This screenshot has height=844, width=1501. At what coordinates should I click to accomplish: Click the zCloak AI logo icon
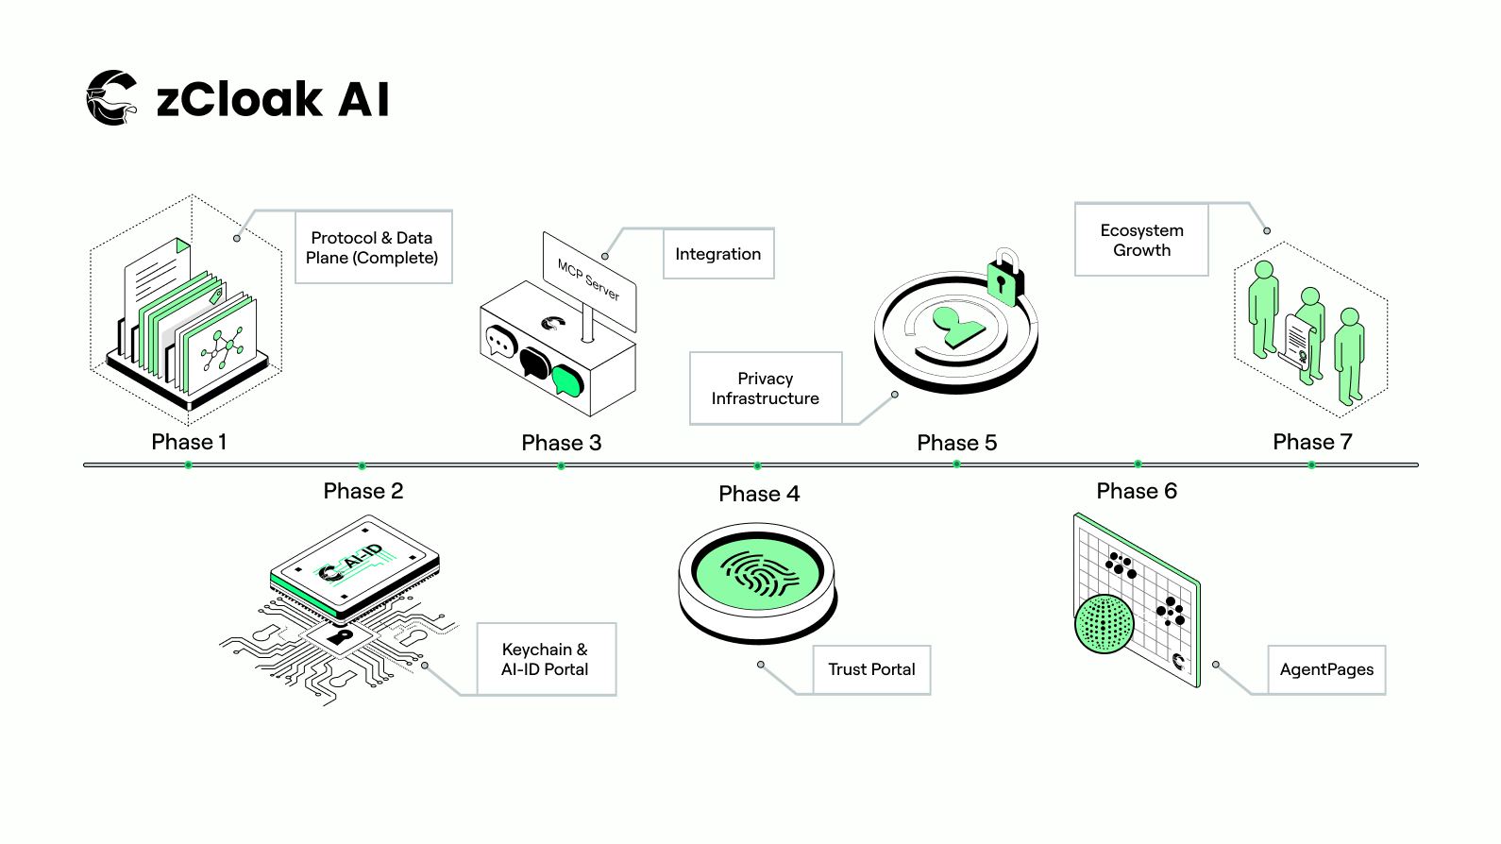(x=111, y=97)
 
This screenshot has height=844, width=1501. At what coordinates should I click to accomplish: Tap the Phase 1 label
(x=189, y=442)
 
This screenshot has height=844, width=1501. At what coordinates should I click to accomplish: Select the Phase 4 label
(x=759, y=494)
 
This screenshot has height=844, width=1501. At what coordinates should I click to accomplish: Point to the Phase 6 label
(x=1137, y=491)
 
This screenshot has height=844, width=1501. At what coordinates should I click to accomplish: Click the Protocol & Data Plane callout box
(x=373, y=247)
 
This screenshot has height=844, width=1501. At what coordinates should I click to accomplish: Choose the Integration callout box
(x=718, y=254)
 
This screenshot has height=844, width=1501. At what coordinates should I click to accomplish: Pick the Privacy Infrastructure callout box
(x=766, y=388)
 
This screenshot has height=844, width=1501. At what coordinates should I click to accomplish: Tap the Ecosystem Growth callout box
(x=1141, y=240)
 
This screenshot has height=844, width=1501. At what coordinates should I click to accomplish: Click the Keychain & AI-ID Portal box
(x=546, y=659)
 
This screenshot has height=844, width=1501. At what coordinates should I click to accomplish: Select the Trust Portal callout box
(x=871, y=669)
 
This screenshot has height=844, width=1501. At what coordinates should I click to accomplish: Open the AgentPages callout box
(x=1326, y=669)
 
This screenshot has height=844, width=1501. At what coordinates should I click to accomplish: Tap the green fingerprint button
(x=758, y=573)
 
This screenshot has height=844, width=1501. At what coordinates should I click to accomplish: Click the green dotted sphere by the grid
(x=1105, y=624)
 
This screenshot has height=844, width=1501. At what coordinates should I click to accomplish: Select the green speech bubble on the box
(x=567, y=380)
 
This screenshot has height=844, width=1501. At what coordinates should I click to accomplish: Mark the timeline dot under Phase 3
(x=561, y=465)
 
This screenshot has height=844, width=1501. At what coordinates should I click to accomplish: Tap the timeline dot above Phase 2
(x=362, y=465)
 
